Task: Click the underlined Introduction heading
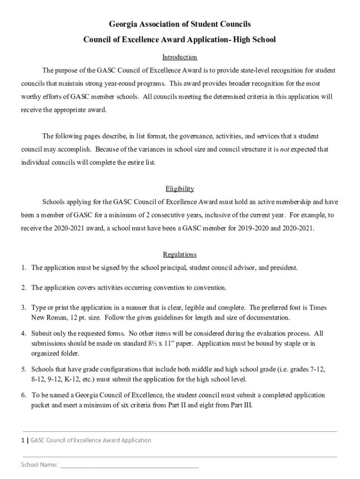tap(180, 58)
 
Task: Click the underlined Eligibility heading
tap(180, 189)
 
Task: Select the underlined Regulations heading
tap(180, 255)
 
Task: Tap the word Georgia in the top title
tap(122, 23)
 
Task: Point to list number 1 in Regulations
tap(23, 268)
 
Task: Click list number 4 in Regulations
tap(23, 334)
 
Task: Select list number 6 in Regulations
tap(23, 395)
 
